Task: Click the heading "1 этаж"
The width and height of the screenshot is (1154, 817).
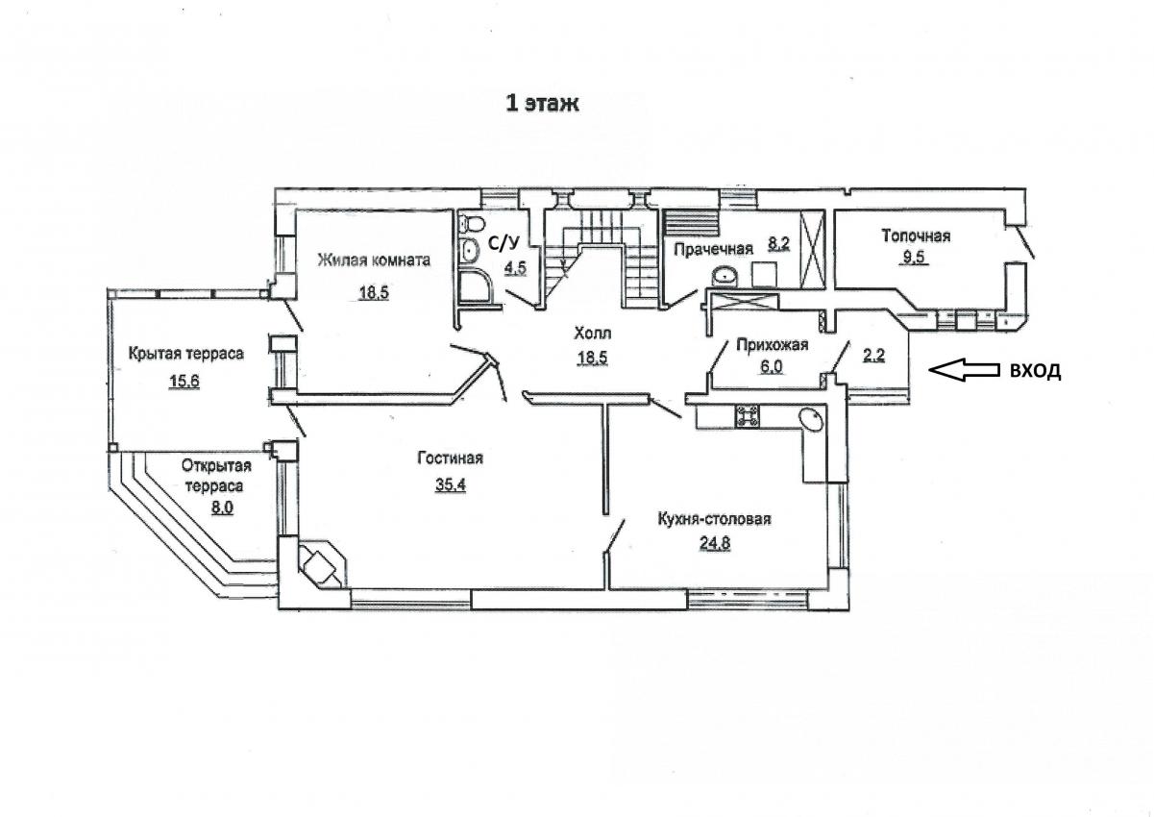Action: tap(542, 104)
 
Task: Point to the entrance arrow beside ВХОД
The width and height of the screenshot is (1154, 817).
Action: tap(964, 370)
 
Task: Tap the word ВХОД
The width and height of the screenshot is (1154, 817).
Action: tap(1035, 371)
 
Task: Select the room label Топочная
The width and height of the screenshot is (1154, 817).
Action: tap(916, 236)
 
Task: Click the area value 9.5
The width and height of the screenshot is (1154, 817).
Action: tap(916, 257)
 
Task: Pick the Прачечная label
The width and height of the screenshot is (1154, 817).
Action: tap(714, 250)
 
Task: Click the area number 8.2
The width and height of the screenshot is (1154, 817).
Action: tap(779, 243)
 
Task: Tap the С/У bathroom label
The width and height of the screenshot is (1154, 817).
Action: tap(504, 242)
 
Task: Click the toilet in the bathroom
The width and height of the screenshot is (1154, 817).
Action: tap(472, 223)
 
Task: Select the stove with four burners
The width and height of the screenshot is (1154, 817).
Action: tap(747, 416)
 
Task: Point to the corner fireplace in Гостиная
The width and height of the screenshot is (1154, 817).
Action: tap(319, 564)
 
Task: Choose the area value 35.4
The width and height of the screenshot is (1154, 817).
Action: tap(451, 484)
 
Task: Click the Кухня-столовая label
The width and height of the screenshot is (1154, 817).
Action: tap(714, 518)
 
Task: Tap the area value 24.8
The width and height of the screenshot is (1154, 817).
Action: tap(715, 543)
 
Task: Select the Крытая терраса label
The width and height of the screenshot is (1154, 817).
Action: tap(185, 354)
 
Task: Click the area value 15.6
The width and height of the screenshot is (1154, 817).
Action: tap(184, 382)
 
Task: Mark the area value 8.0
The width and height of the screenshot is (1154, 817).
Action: tap(222, 508)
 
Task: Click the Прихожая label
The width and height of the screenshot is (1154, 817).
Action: tap(772, 345)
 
